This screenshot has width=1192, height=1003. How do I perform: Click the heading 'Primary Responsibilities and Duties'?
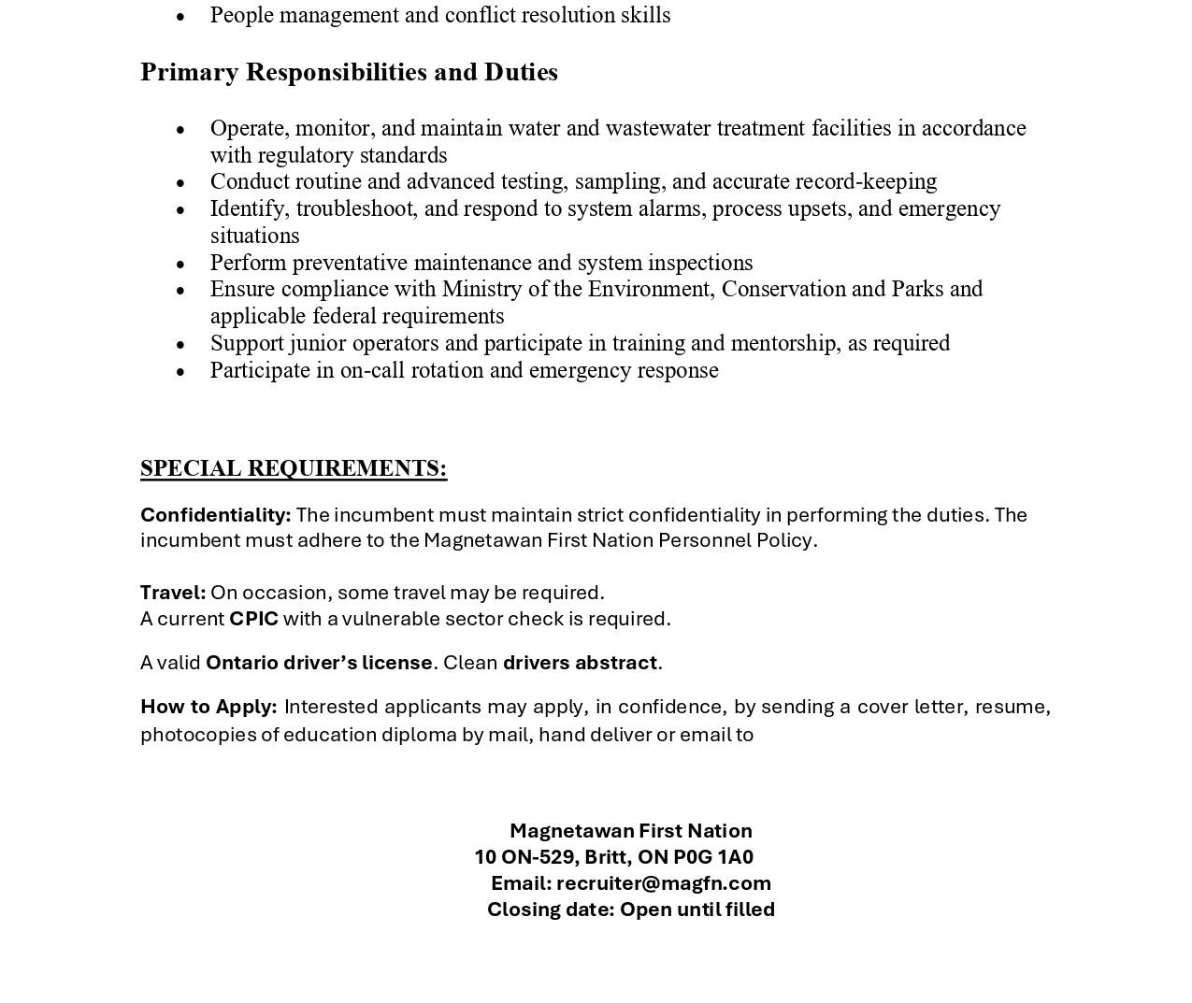click(349, 72)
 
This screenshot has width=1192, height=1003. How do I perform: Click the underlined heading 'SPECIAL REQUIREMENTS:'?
click(294, 468)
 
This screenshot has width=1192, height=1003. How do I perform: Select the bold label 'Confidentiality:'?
click(215, 515)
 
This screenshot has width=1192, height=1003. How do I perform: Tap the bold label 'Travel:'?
click(173, 593)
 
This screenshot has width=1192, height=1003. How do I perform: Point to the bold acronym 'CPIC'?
click(253, 619)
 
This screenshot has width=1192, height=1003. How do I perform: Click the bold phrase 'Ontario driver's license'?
click(319, 663)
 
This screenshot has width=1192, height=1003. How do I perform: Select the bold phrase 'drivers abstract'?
click(580, 663)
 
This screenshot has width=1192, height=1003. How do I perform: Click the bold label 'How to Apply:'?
click(208, 707)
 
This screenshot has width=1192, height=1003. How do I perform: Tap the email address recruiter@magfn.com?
click(664, 883)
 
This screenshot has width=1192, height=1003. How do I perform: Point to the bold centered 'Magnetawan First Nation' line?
click(631, 831)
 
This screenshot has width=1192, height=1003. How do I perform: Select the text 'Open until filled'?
click(697, 910)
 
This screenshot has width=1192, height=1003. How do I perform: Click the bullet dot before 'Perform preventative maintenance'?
click(180, 265)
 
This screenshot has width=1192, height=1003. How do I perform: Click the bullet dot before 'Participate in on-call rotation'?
click(180, 372)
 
